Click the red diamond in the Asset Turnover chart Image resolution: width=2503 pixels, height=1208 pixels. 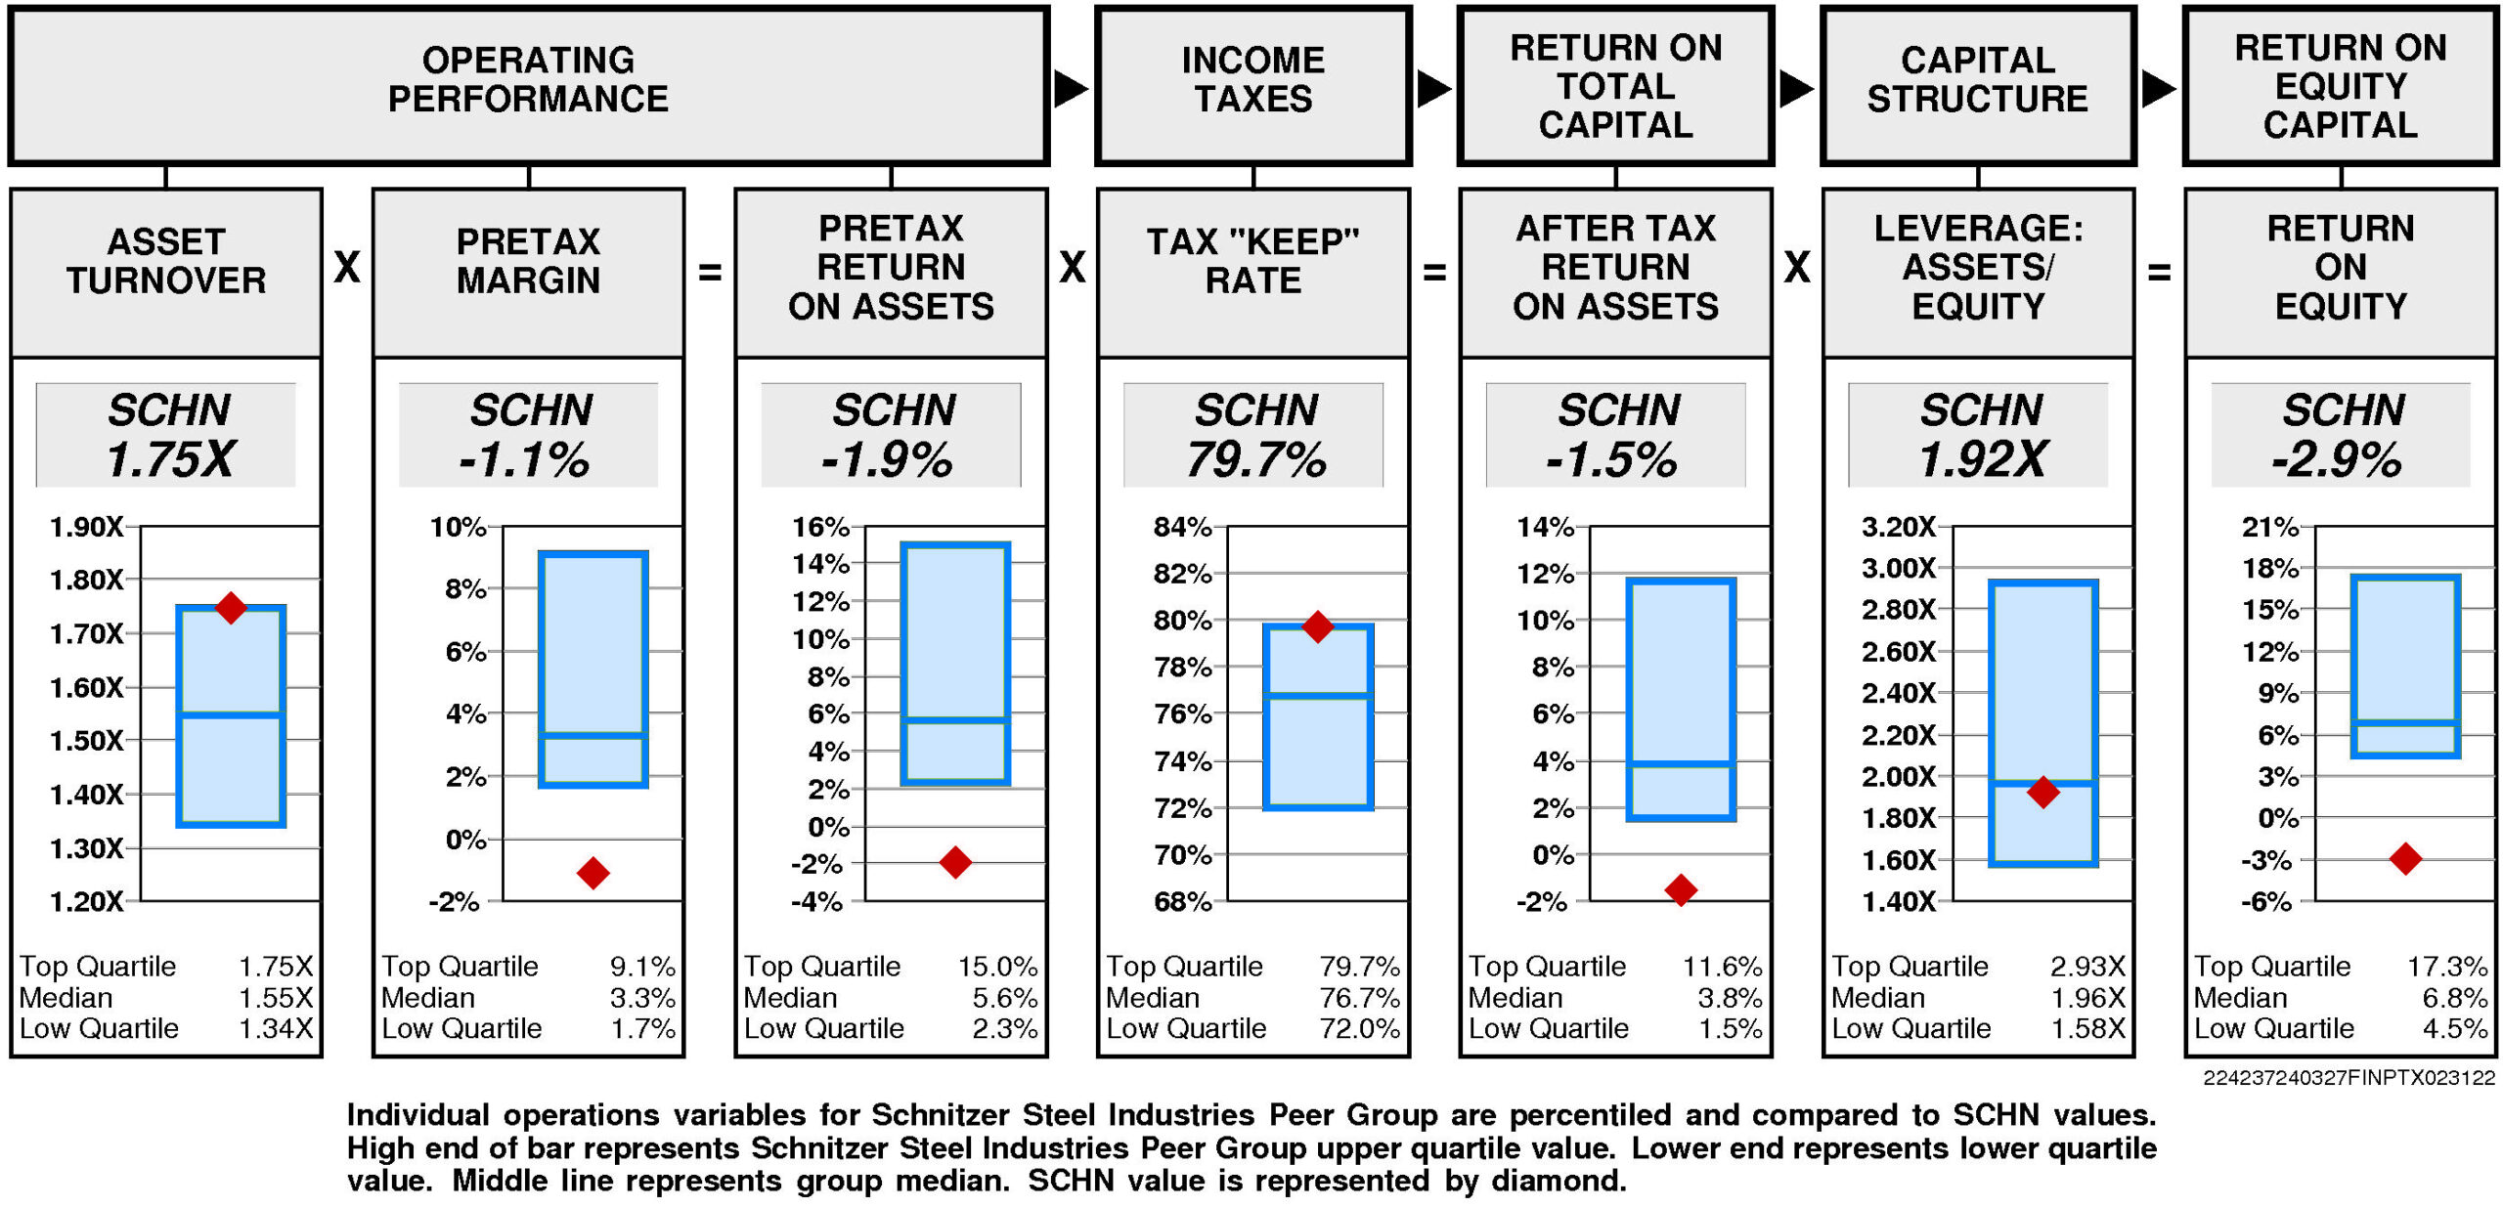click(x=231, y=607)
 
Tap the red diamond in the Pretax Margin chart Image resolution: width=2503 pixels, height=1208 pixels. click(x=593, y=872)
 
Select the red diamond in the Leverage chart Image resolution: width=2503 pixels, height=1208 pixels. click(x=2042, y=791)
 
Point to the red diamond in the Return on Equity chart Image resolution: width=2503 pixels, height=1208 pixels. click(x=2405, y=858)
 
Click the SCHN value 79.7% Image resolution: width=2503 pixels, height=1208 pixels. click(x=1255, y=459)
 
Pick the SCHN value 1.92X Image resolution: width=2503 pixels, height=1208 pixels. click(x=1981, y=459)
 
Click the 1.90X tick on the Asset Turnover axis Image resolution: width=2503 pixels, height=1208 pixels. click(x=87, y=528)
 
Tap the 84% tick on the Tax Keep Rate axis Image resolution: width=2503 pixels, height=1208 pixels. click(x=1182, y=528)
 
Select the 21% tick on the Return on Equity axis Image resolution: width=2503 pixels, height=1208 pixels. click(x=2269, y=528)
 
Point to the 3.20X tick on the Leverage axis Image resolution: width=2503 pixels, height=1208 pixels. click(x=1898, y=528)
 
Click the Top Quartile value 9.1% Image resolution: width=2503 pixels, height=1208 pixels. click(x=642, y=967)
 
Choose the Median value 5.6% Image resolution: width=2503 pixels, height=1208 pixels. click(x=1004, y=998)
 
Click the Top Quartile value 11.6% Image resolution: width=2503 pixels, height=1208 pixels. click(x=1722, y=967)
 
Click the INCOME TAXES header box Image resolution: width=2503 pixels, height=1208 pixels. click(x=1253, y=84)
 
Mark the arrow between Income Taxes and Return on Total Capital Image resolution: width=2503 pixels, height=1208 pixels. click(x=1434, y=88)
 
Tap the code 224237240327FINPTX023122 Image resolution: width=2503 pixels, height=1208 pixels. click(x=2349, y=1078)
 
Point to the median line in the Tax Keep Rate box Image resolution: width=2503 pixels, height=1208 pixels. click(x=1318, y=694)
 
